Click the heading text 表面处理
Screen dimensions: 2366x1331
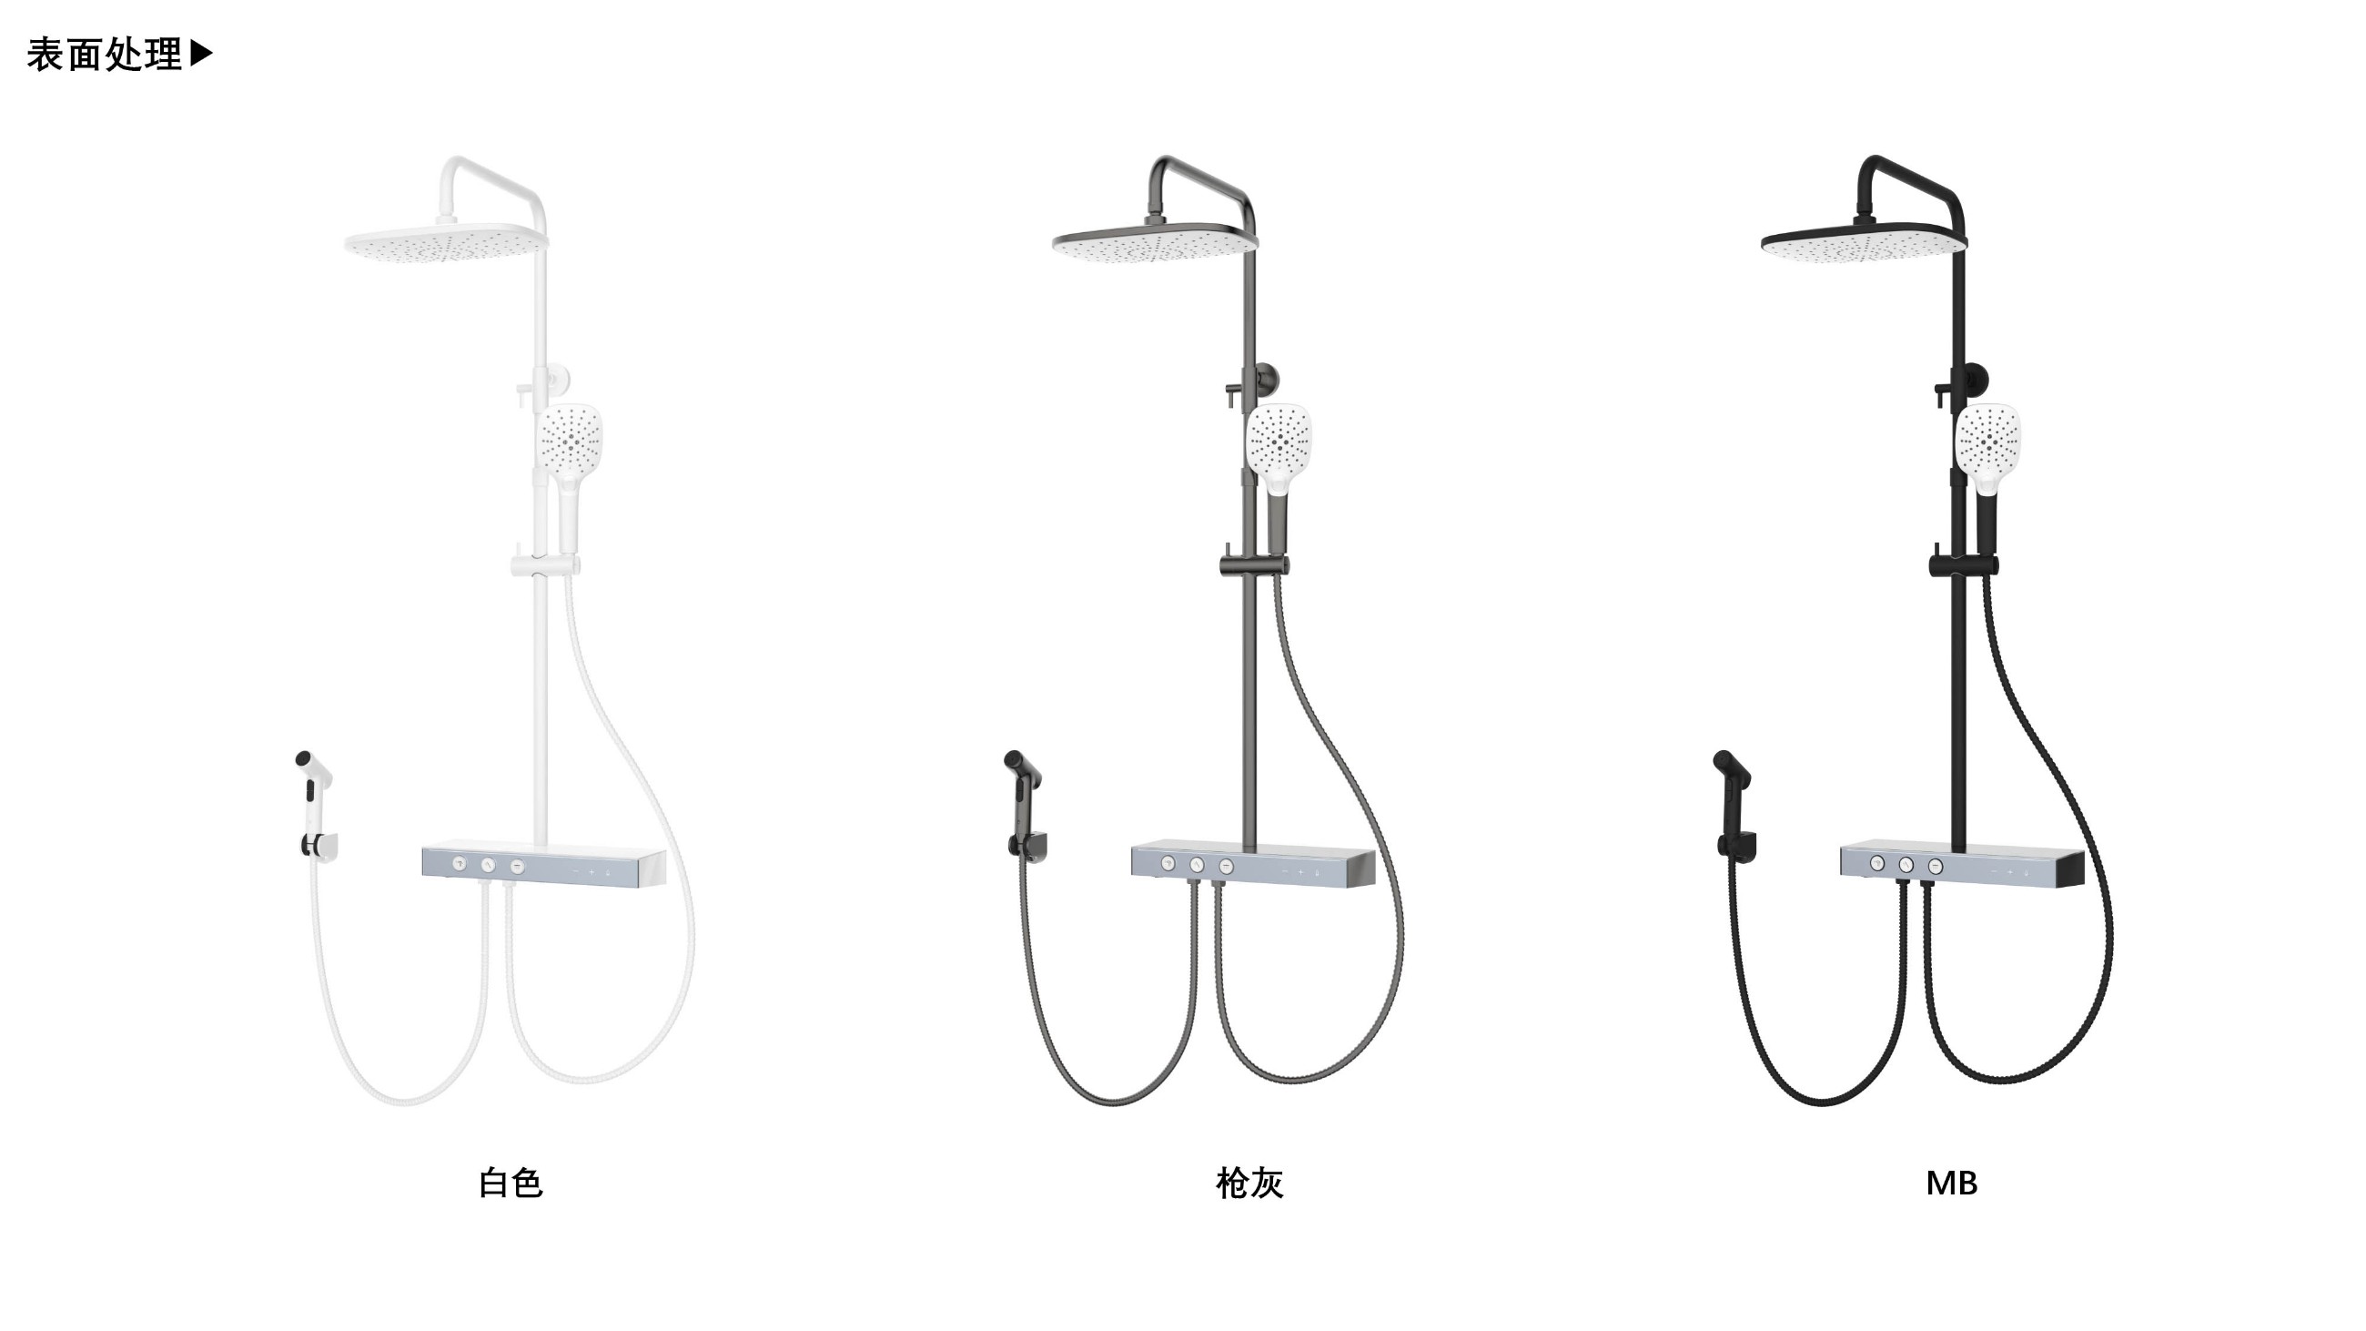coord(105,56)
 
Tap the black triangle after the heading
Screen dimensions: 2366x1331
coord(201,54)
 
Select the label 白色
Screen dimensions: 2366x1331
coord(511,1184)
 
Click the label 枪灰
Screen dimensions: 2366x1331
coord(1249,1184)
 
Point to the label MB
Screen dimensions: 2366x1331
coord(1951,1184)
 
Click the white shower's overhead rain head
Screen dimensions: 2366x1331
coord(447,242)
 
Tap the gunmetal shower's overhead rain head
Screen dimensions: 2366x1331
coord(1155,242)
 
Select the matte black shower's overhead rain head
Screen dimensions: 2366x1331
coord(1864,242)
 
